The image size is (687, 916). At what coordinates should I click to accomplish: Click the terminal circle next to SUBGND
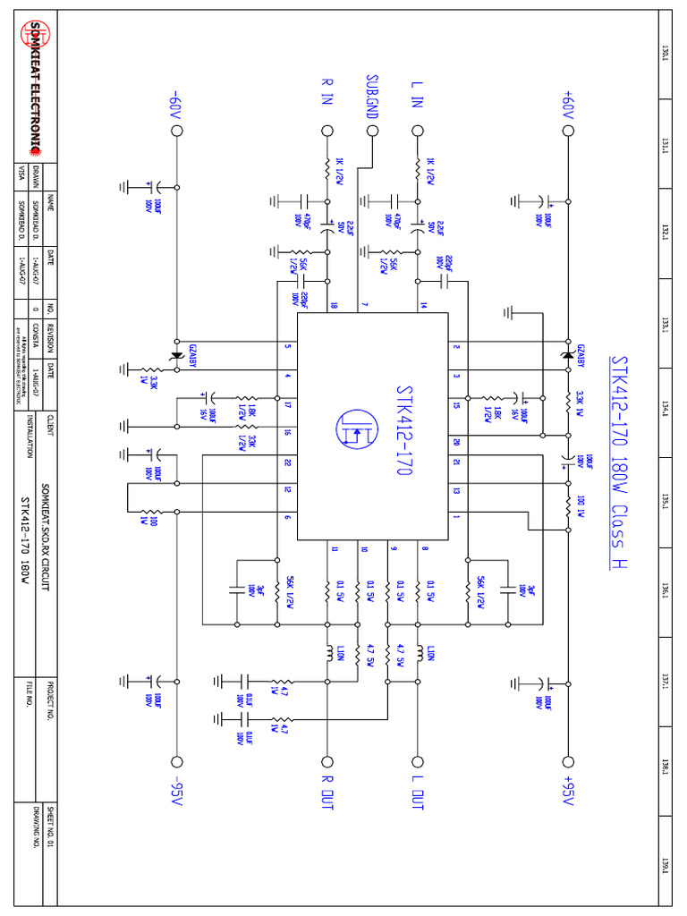pos(372,131)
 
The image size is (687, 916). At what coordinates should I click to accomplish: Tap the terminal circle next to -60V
pos(176,131)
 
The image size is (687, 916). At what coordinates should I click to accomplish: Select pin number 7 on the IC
pos(364,305)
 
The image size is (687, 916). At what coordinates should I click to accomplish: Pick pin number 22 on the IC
pos(288,462)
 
